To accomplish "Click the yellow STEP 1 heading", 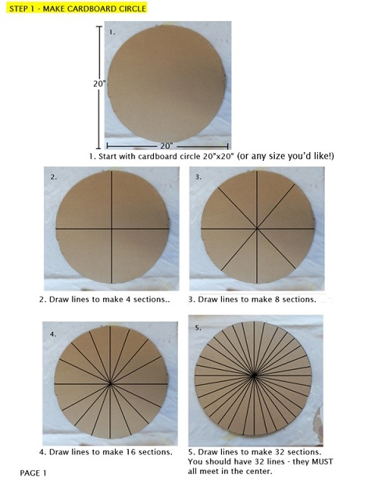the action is (77, 9).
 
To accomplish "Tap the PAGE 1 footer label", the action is (33, 473).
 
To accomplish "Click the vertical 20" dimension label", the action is (99, 84).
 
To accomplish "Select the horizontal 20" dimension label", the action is (166, 146).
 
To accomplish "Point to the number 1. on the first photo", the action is (112, 32).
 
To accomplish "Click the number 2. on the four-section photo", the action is (54, 177).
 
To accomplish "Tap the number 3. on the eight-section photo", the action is (198, 177).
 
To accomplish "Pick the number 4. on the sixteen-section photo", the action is (53, 334).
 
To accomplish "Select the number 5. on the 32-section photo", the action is (198, 328).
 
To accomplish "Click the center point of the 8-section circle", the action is (257, 229).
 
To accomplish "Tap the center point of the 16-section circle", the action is (110, 383).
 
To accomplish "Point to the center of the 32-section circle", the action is (254, 375).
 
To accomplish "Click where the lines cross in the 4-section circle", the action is (112, 229).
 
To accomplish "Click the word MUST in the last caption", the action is (322, 462).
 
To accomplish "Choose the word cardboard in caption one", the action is (157, 156).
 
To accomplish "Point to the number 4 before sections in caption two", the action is (128, 299).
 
